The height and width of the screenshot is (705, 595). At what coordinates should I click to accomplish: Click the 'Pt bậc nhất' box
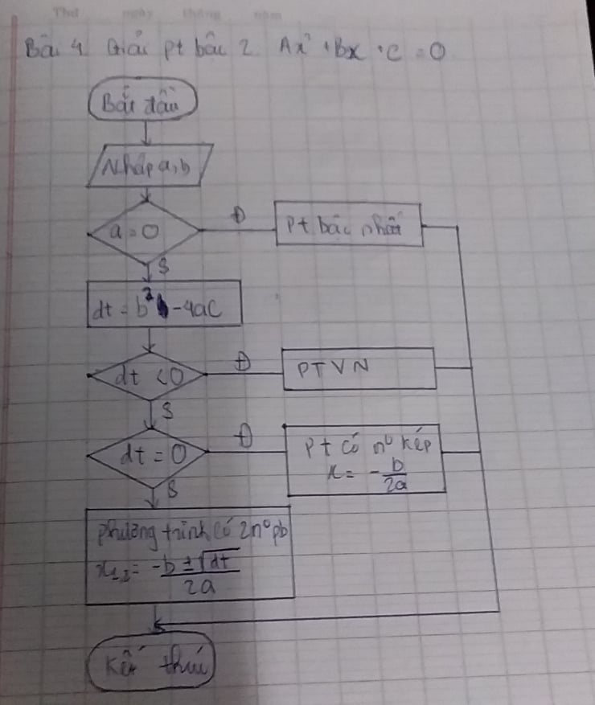pyautogui.click(x=350, y=230)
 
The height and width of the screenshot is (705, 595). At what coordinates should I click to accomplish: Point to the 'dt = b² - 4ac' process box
pyautogui.click(x=163, y=304)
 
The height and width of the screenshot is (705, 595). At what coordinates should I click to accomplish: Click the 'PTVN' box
pyautogui.click(x=358, y=369)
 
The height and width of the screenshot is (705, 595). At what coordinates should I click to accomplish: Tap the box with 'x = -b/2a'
pyautogui.click(x=366, y=459)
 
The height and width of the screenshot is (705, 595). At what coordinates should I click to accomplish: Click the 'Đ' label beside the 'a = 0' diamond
pyautogui.click(x=238, y=215)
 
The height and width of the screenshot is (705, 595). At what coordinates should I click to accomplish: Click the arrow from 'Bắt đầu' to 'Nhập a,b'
pyautogui.click(x=145, y=130)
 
